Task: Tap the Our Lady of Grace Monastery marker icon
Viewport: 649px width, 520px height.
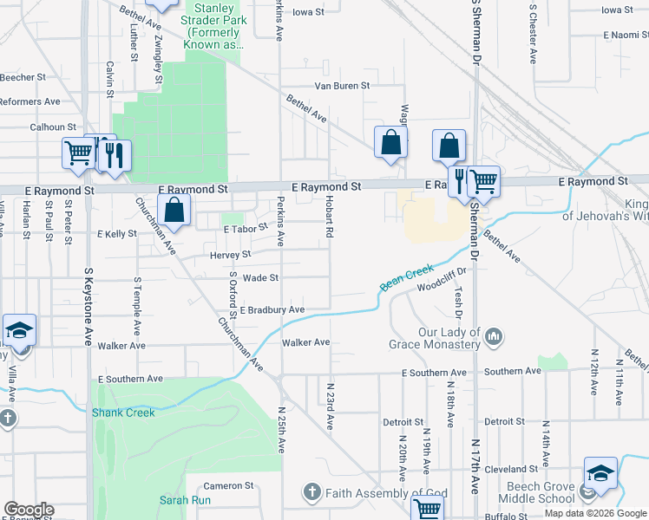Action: point(494,335)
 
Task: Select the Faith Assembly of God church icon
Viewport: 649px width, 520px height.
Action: point(312,492)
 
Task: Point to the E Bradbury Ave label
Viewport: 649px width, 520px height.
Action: point(272,309)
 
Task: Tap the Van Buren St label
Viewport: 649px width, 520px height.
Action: point(341,86)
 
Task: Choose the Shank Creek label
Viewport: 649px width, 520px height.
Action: point(123,413)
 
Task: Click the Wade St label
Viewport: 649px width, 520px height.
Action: point(260,278)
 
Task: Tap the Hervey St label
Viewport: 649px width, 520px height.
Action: point(230,255)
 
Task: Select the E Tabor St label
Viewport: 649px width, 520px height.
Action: point(245,230)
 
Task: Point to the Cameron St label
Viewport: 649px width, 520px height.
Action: point(227,486)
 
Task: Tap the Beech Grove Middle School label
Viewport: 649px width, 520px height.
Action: point(532,493)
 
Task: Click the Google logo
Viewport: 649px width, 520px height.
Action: point(29,510)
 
